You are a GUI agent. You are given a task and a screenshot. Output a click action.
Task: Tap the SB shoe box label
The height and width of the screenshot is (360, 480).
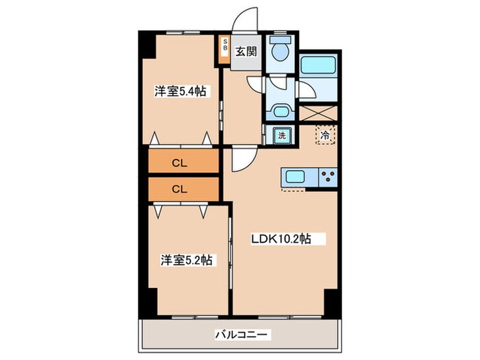tap(224, 49)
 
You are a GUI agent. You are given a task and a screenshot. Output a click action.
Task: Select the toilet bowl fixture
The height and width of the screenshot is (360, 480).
tap(280, 51)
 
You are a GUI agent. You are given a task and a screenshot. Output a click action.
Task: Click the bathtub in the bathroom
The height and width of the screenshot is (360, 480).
tap(319, 66)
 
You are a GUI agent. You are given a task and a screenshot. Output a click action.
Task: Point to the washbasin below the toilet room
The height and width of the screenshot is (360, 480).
tap(280, 111)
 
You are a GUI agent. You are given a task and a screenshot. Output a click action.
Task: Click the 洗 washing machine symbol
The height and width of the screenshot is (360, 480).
tap(281, 135)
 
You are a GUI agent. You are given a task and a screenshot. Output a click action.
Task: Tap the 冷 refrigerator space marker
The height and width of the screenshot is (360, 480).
tap(325, 135)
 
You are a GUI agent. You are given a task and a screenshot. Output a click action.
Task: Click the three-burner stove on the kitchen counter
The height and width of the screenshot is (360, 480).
tap(328, 176)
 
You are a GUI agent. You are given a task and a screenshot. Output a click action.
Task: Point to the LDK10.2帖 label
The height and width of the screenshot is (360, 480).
tap(281, 239)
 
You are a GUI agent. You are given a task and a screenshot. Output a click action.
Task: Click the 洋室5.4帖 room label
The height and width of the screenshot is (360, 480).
tap(180, 92)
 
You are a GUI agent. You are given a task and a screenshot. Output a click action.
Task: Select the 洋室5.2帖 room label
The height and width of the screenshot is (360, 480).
tap(184, 260)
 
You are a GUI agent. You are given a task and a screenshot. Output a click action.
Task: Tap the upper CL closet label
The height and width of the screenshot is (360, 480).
tap(180, 163)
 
